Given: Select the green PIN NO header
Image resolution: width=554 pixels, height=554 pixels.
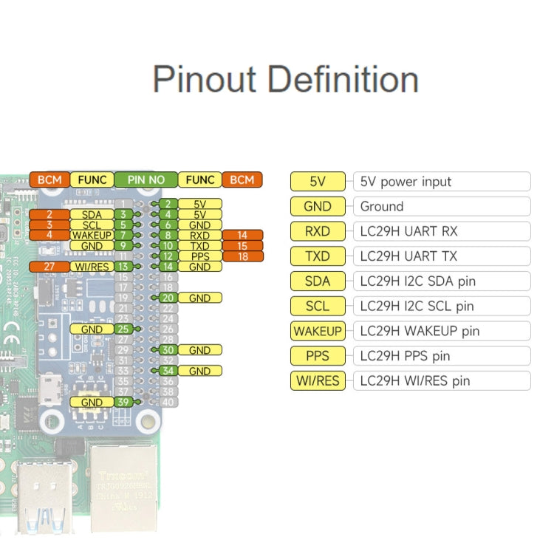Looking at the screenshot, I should pos(146,179).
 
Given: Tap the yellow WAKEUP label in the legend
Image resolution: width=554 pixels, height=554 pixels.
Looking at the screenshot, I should pos(318,331).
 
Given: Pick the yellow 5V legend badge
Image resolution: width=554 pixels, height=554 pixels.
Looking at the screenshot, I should pos(318,182).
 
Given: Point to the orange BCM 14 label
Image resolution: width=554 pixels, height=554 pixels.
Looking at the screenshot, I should pos(242,236).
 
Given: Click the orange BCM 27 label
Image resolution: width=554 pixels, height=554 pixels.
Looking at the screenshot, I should pos(49,267).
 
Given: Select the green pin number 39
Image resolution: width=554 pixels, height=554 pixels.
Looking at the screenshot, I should pos(124,403).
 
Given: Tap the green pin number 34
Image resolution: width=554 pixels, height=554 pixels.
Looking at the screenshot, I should pos(168,371).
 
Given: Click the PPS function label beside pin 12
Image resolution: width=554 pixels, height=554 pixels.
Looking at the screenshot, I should pos(199,256).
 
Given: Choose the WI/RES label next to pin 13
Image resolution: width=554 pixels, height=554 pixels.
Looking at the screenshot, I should pos(92,267).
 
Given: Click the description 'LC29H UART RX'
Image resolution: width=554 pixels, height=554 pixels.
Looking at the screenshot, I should pos(408,231).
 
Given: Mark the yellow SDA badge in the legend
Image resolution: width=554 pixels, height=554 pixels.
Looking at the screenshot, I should pos(318,281).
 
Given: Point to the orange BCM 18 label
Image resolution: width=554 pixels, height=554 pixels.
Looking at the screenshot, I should pos(242,256).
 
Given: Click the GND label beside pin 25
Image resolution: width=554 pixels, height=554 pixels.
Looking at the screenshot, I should pos(92,329).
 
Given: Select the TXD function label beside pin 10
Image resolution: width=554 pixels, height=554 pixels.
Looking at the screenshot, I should pos(199,246).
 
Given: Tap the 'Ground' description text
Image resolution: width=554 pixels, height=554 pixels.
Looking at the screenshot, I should pos(382,206).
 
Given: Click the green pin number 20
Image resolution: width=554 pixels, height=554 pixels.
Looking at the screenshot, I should pos(168,298).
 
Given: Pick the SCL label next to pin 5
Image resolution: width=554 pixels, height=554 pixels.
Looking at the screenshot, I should pos(92,225).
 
